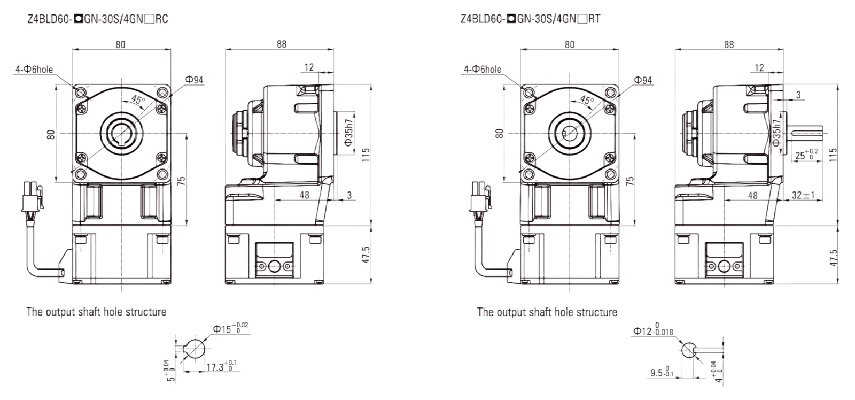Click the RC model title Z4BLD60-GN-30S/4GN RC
(98, 19)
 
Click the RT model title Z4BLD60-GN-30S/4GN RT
(531, 19)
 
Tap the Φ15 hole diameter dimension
(230, 328)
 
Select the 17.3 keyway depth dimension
(221, 366)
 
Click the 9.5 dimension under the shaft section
(662, 372)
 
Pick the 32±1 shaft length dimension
(803, 195)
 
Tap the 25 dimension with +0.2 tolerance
(806, 155)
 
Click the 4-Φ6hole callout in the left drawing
(34, 70)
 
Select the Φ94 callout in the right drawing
(643, 80)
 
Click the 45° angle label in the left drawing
(138, 99)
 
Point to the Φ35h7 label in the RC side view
(348, 133)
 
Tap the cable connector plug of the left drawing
(32, 197)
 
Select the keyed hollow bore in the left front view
(122, 133)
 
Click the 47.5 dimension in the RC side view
(366, 255)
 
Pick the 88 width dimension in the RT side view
(729, 44)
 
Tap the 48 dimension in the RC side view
(304, 195)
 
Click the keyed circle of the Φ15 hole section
(195, 349)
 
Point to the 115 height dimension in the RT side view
(833, 155)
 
